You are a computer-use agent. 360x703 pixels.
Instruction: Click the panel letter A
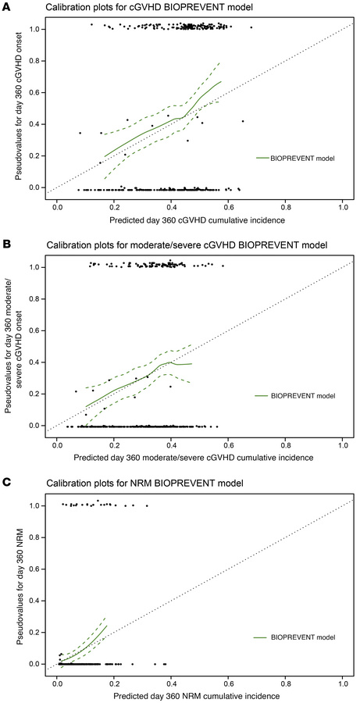(5, 7)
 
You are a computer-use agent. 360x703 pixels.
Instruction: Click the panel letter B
(5, 245)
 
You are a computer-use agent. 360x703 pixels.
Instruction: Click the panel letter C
(5, 486)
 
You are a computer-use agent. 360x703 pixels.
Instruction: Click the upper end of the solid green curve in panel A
(221, 80)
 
